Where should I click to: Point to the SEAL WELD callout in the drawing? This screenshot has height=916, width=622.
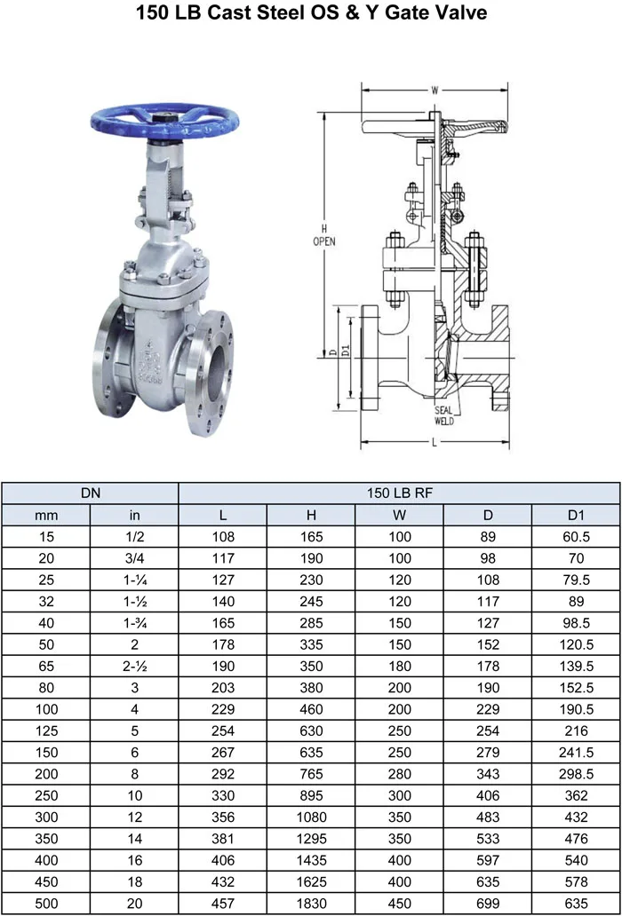click(x=444, y=415)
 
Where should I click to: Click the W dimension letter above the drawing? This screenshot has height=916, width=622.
click(x=435, y=89)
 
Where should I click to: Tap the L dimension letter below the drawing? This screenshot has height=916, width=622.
click(x=433, y=441)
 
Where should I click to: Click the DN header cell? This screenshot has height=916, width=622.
click(x=90, y=493)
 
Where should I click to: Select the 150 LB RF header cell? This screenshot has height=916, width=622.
click(x=399, y=493)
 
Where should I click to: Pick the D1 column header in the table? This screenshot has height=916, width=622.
click(x=576, y=515)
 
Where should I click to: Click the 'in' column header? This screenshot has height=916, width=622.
click(x=134, y=515)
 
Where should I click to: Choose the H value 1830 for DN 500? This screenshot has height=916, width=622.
click(x=311, y=903)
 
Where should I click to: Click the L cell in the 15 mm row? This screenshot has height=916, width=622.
click(x=223, y=536)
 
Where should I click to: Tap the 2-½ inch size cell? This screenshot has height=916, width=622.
click(x=134, y=666)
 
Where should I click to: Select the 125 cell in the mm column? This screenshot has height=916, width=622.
click(x=46, y=730)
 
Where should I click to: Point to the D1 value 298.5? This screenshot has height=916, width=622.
click(x=576, y=774)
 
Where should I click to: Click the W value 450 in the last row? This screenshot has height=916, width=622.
click(x=399, y=903)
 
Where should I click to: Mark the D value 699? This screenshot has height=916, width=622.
click(x=488, y=903)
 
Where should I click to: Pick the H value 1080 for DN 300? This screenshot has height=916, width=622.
click(x=311, y=817)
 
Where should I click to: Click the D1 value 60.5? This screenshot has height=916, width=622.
click(x=576, y=536)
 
